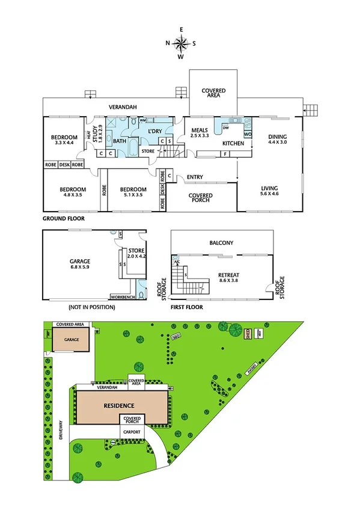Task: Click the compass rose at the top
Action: coord(180,43)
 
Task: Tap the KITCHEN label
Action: coord(233,144)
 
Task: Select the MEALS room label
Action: coord(200,133)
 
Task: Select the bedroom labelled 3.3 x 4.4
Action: coord(63,140)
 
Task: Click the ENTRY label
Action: coord(195,177)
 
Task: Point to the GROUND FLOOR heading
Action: coord(63,220)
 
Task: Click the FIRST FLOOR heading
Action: coord(186,307)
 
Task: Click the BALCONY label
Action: coord(221,243)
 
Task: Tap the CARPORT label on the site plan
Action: coord(132,432)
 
